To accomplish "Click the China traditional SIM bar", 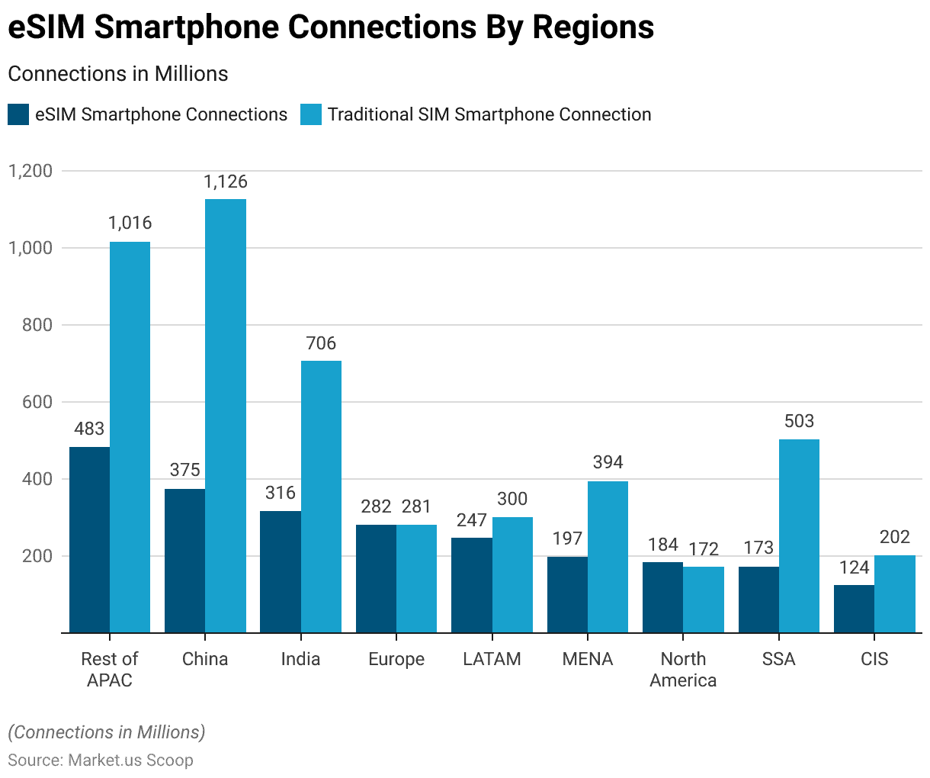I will (226, 416).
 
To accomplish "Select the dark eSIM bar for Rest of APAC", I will (89, 539).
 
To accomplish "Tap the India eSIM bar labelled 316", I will (281, 571).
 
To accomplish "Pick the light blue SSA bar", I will (799, 535).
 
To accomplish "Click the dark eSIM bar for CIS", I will (854, 608).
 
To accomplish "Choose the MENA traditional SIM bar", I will (608, 557).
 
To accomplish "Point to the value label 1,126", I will (226, 182).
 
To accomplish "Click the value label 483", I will (89, 429).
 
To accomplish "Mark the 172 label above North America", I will (704, 548).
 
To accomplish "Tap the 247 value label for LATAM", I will (472, 520).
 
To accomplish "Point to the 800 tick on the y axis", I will (37, 325).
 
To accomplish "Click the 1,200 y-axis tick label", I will (30, 171).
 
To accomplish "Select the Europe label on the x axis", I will (396, 659).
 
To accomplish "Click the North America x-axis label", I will (683, 669).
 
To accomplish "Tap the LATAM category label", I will (492, 659).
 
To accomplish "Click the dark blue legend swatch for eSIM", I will (18, 114).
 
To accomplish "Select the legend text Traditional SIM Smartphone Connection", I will (489, 114).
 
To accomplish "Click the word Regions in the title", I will (593, 27).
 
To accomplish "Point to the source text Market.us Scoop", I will (130, 760).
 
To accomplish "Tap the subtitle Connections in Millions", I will (118, 74).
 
